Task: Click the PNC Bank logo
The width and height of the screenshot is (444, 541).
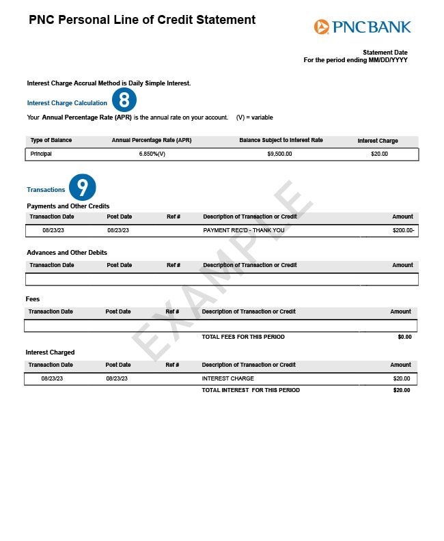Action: (x=363, y=27)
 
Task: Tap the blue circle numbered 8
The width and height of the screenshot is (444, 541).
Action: (x=124, y=101)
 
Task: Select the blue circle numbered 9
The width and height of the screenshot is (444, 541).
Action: (x=82, y=187)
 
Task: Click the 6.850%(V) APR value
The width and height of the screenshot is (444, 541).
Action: (x=152, y=154)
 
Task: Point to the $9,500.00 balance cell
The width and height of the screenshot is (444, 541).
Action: (x=279, y=154)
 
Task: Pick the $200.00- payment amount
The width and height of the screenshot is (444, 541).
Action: (x=404, y=231)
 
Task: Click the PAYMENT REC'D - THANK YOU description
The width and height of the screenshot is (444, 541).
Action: (x=244, y=231)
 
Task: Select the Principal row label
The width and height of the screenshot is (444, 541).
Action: (x=41, y=154)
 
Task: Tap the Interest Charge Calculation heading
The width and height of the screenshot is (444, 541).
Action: (x=67, y=103)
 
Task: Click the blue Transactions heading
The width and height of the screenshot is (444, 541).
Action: (x=46, y=190)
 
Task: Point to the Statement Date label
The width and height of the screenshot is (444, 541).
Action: (x=385, y=53)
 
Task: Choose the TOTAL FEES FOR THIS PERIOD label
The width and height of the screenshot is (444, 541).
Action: (x=243, y=337)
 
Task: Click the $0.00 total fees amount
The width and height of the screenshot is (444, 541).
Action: (x=404, y=337)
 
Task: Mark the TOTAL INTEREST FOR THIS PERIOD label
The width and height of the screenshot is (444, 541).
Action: (x=251, y=390)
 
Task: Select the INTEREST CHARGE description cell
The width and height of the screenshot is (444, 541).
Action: (x=227, y=378)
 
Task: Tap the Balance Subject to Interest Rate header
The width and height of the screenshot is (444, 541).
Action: (x=281, y=141)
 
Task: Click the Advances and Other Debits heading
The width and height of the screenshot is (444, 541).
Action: (x=67, y=253)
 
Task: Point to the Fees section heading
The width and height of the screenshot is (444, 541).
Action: (x=33, y=299)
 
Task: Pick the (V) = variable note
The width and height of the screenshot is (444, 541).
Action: (x=254, y=117)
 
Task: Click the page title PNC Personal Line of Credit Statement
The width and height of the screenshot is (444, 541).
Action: (x=142, y=20)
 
